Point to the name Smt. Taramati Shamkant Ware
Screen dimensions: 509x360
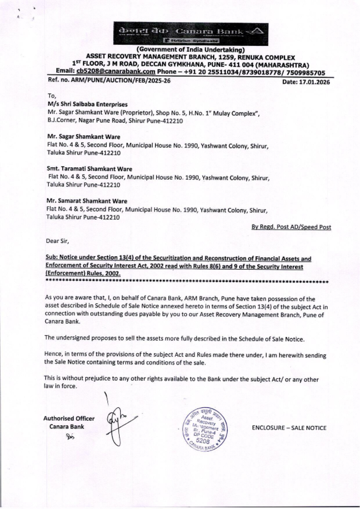tap(89, 169)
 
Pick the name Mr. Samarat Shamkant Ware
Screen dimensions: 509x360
tap(87, 201)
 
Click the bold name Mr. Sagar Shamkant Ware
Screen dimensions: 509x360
tap(84, 137)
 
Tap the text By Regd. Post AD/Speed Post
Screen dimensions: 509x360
tap(291, 227)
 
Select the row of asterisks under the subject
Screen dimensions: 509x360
tap(187, 282)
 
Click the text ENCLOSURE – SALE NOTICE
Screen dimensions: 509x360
tap(289, 428)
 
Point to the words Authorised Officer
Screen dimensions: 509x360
tap(69, 419)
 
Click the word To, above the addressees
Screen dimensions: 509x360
tap(52, 96)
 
